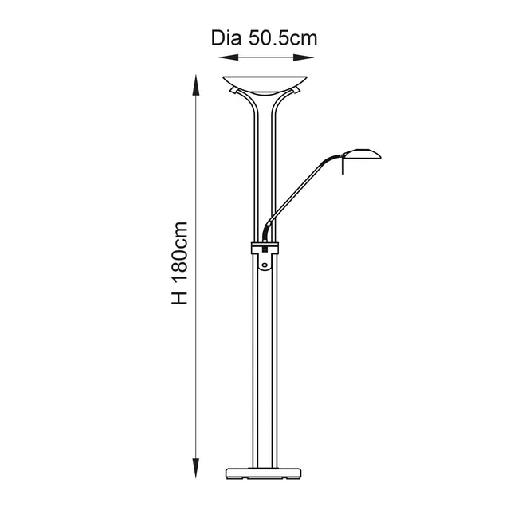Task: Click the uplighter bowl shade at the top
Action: coord(266,81)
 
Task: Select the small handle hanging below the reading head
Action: coord(344,165)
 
